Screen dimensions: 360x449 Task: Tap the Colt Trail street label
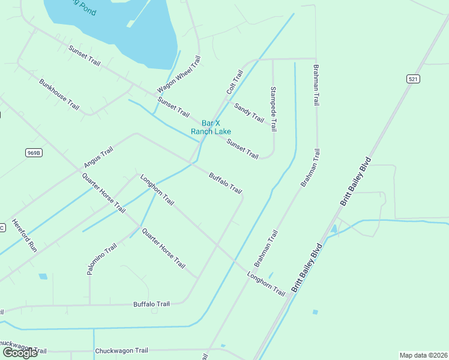(x=235, y=82)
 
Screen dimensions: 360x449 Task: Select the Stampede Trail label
(x=274, y=109)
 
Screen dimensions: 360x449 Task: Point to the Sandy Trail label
(x=249, y=112)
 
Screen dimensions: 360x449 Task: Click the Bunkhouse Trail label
(x=59, y=94)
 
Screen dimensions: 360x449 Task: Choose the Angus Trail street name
(x=98, y=157)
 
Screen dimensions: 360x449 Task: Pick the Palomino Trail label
(x=101, y=259)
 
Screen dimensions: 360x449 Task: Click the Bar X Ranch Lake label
(x=211, y=127)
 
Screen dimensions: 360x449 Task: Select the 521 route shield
(x=413, y=79)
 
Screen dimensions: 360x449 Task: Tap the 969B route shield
(x=34, y=152)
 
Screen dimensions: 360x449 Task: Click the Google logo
(x=20, y=353)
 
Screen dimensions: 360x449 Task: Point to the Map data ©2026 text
(x=423, y=355)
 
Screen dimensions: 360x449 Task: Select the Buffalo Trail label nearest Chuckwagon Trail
(x=151, y=304)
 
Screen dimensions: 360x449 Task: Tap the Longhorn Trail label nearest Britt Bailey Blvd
(x=266, y=283)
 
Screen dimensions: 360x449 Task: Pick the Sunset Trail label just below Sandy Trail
(x=243, y=149)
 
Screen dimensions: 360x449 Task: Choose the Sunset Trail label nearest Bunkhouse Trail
(x=84, y=55)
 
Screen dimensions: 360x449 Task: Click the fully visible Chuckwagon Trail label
(x=121, y=350)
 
